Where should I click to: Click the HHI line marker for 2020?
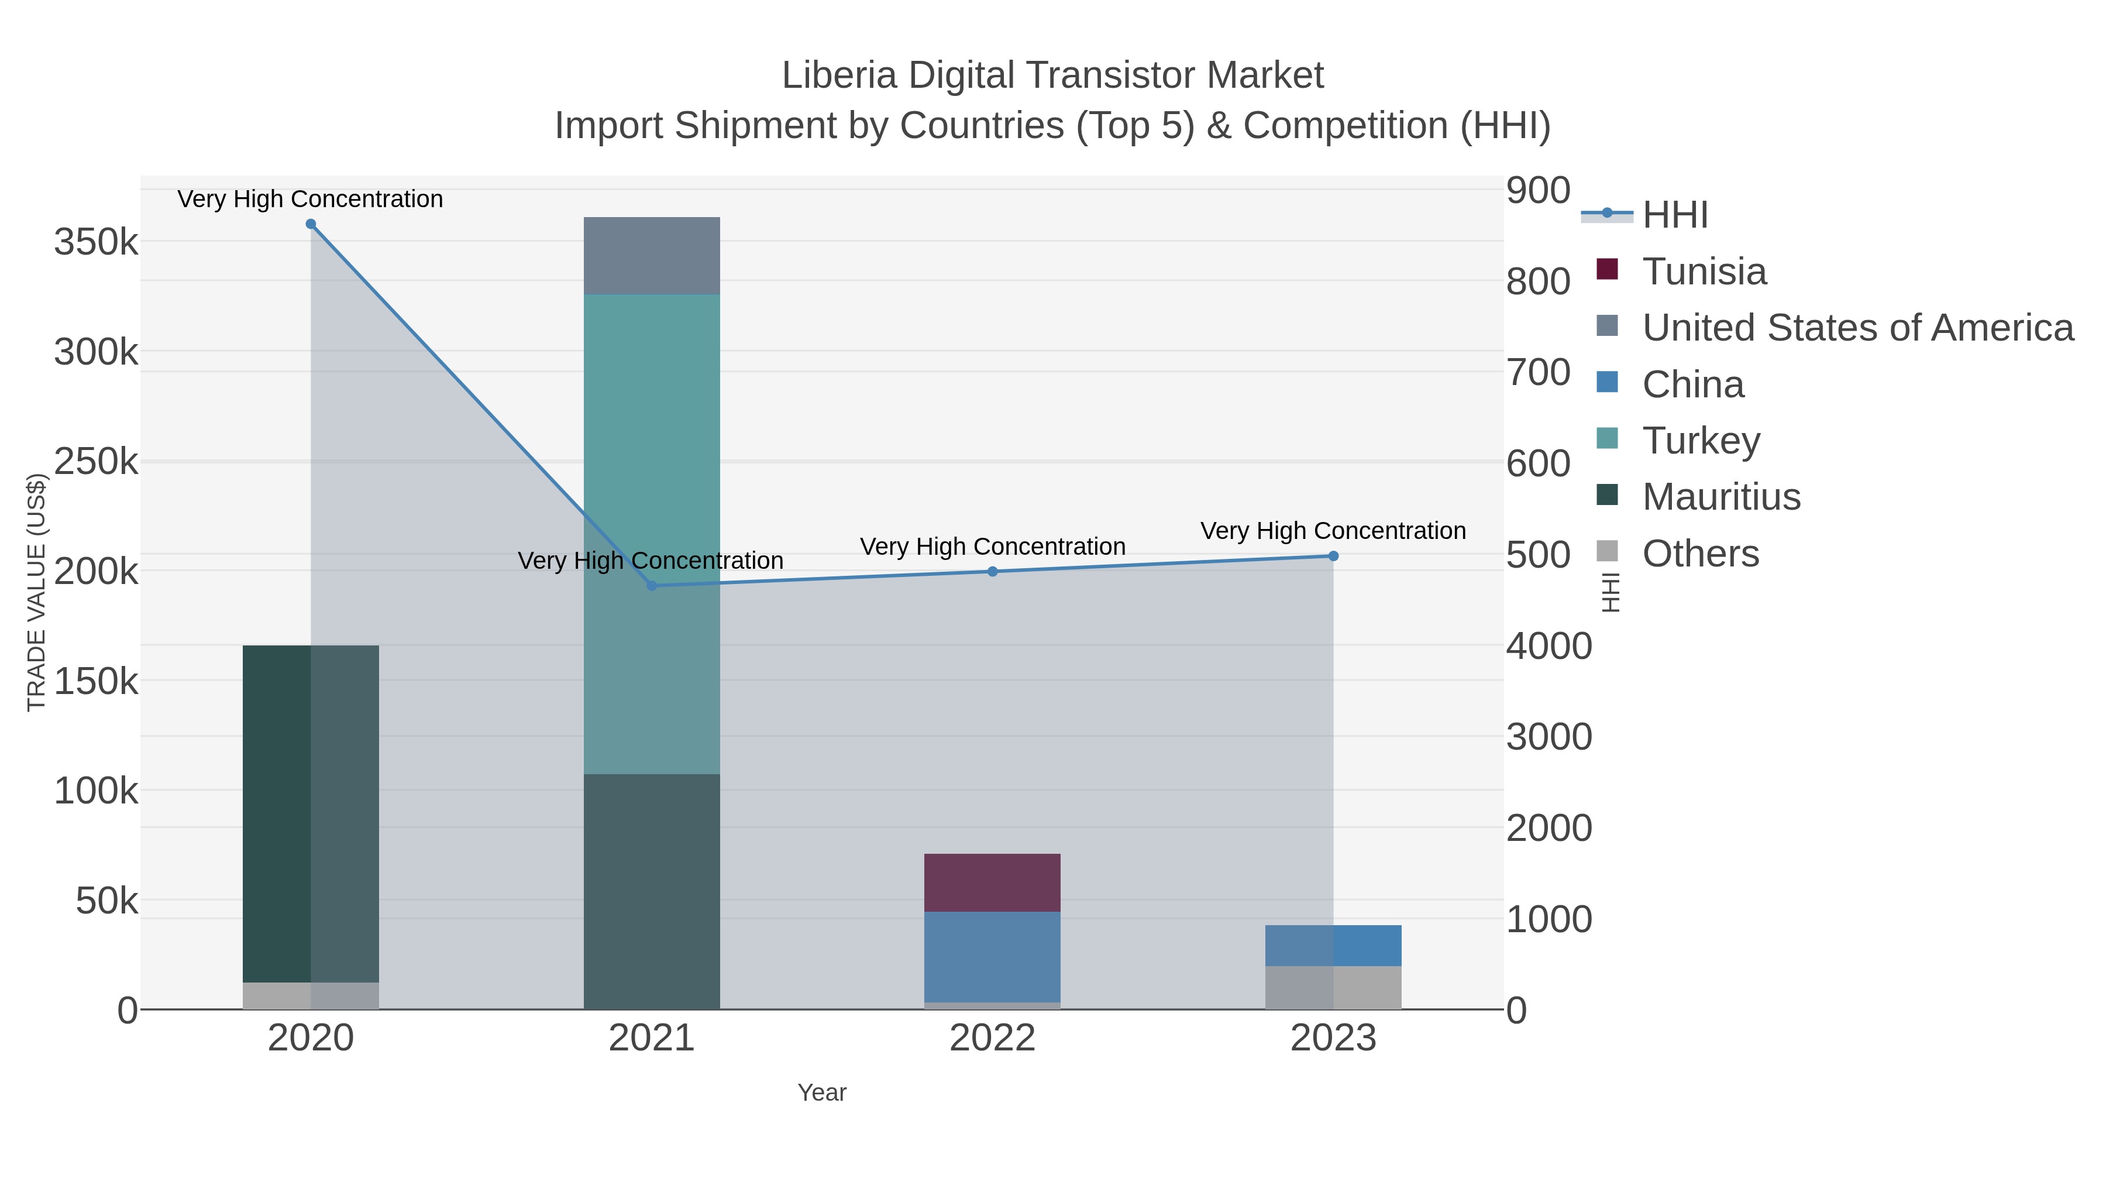pyautogui.click(x=311, y=224)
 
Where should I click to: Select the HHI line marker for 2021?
pyautogui.click(x=652, y=586)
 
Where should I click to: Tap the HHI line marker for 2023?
pyautogui.click(x=1333, y=556)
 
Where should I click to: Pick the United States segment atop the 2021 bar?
pyautogui.click(x=652, y=255)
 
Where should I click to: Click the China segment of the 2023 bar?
pyautogui.click(x=1333, y=946)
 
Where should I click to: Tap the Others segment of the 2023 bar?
pyautogui.click(x=1333, y=987)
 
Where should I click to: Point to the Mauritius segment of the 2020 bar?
pyautogui.click(x=311, y=814)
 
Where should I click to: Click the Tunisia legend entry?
pyautogui.click(x=1705, y=272)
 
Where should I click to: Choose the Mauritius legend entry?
pyautogui.click(x=1721, y=497)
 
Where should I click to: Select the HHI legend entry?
pyautogui.click(x=1674, y=215)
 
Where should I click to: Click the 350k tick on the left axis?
pyautogui.click(x=96, y=242)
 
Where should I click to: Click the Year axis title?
pyautogui.click(x=822, y=1093)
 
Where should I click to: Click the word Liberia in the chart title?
pyautogui.click(x=839, y=75)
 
